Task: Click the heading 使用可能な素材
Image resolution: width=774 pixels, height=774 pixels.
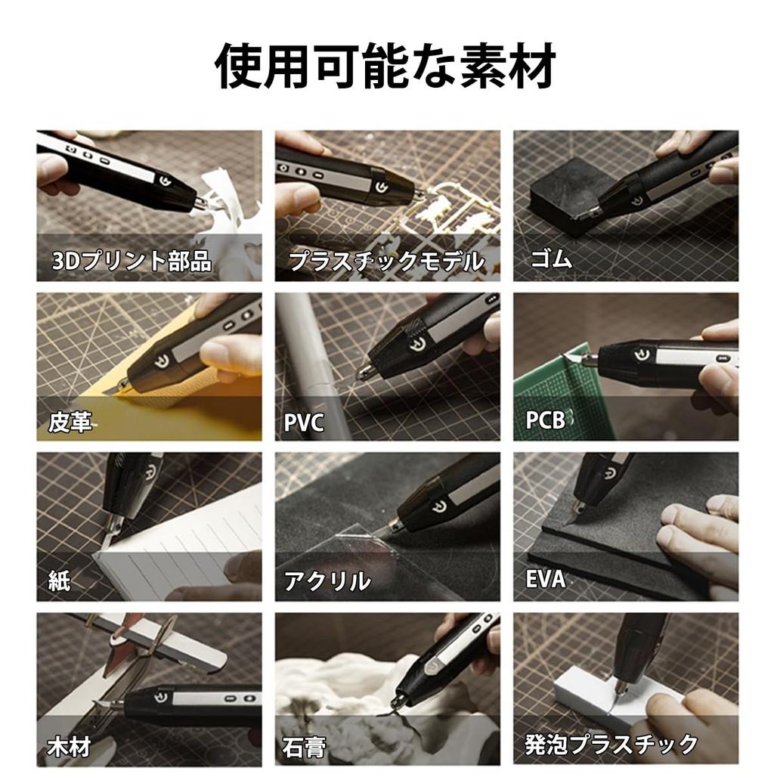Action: (x=386, y=67)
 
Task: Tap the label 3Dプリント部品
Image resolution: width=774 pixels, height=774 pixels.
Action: (x=132, y=262)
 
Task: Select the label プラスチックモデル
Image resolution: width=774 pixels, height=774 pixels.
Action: (x=386, y=262)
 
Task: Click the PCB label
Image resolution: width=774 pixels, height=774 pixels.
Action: (x=546, y=420)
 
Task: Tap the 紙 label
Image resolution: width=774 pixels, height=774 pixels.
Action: (x=59, y=580)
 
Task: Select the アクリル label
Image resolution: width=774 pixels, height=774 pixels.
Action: (x=327, y=580)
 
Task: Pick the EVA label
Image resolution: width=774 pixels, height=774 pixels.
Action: (x=546, y=580)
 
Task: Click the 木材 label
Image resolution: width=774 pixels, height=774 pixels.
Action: (x=70, y=747)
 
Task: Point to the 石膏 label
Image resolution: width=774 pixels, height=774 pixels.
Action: (x=305, y=747)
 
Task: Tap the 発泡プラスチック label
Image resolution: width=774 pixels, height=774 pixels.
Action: (x=611, y=744)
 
